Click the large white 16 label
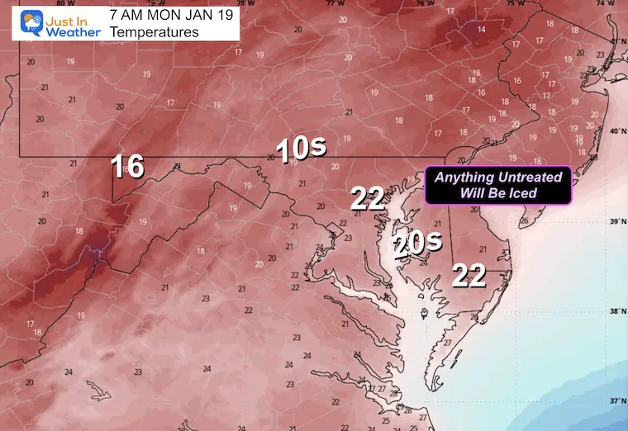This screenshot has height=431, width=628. point(128,166)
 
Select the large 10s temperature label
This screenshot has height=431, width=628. point(301,149)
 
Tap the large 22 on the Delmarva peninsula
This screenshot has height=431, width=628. point(468,276)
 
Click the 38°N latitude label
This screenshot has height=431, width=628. point(616,311)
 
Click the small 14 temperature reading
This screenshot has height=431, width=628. point(481,30)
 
